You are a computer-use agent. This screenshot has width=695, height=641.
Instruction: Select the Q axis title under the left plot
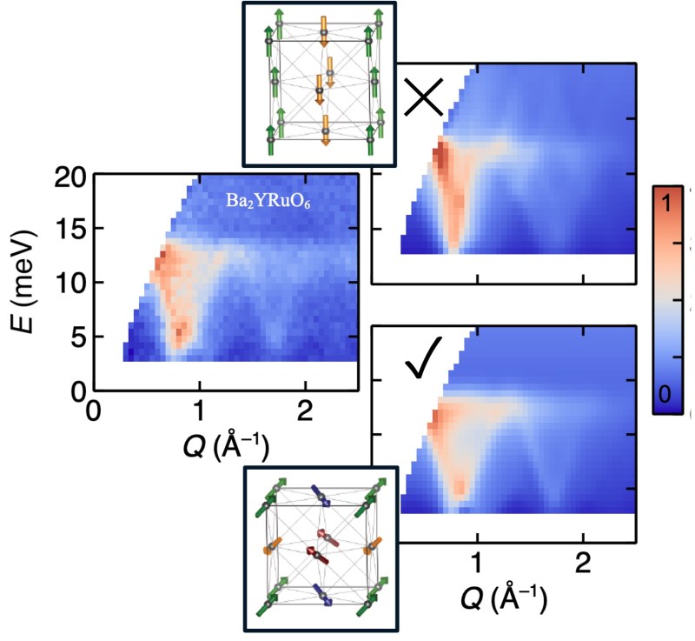point(223,448)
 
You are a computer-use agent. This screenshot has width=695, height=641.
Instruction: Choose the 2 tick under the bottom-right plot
point(583,564)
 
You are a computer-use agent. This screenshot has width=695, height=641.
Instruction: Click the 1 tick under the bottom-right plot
point(477,564)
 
